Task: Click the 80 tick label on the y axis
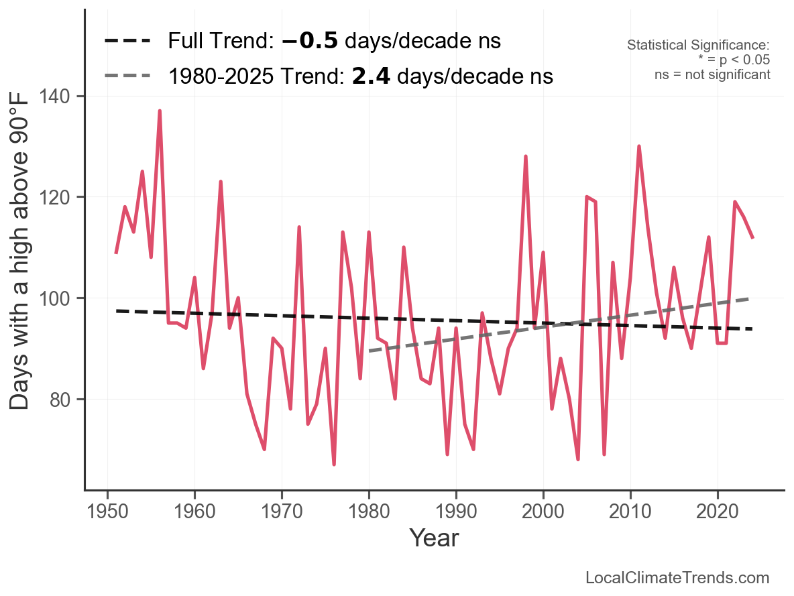(x=62, y=399)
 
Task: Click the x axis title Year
(x=434, y=538)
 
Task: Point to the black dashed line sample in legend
(x=127, y=42)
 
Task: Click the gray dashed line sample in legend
(x=127, y=76)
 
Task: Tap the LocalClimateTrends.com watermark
(x=677, y=578)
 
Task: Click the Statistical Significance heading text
(x=698, y=45)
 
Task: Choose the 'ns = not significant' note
(x=712, y=74)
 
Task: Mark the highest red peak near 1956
(x=160, y=111)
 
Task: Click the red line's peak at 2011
(x=639, y=147)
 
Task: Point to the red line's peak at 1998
(x=526, y=157)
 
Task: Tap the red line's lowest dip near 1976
(x=334, y=464)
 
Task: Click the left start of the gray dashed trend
(x=370, y=351)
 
